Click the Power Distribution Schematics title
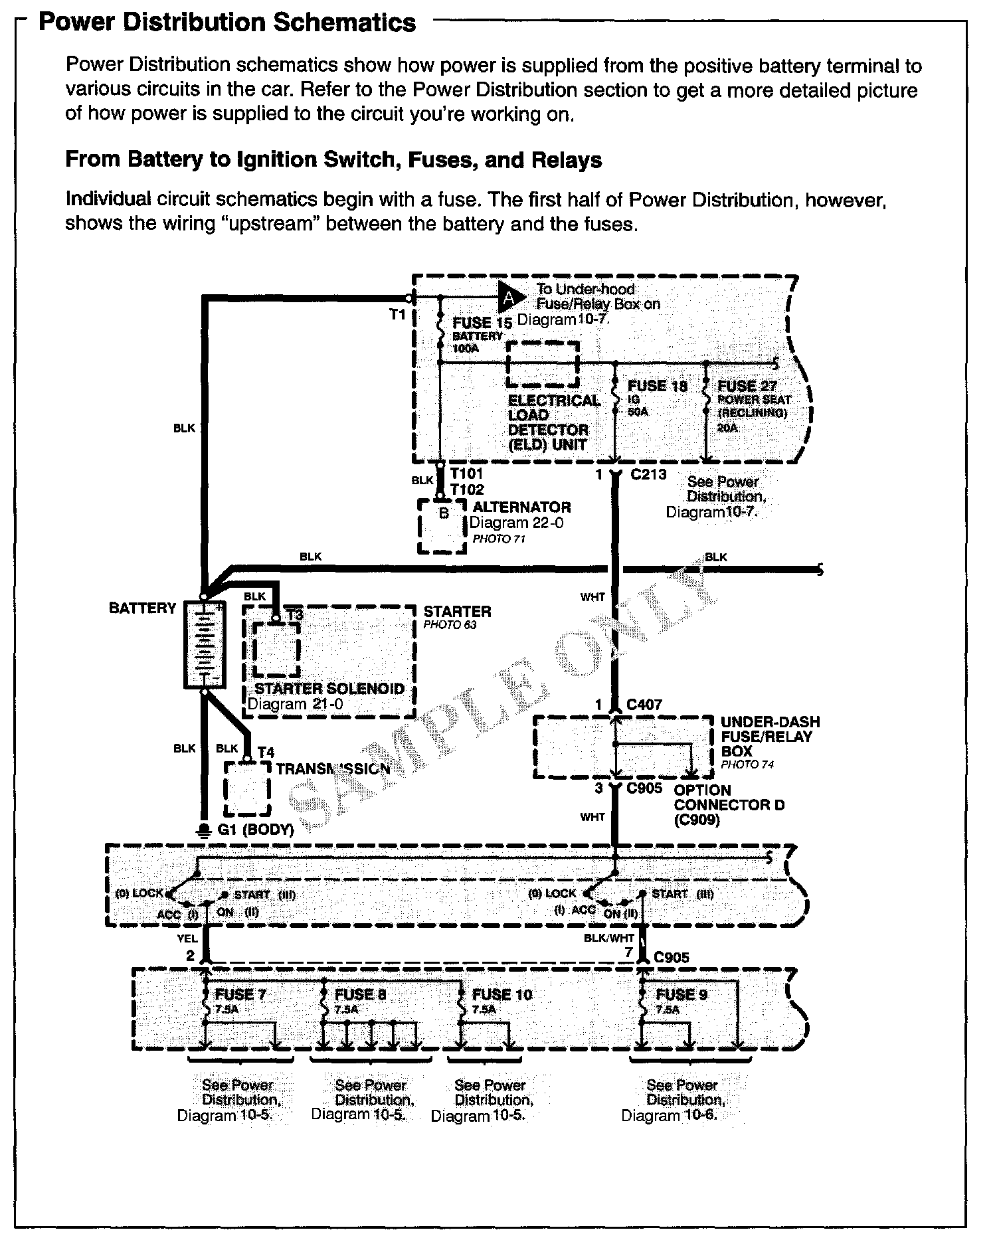[227, 23]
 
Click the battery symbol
[204, 644]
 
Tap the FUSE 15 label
[482, 323]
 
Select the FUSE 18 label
[657, 386]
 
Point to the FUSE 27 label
[747, 386]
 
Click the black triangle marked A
[509, 298]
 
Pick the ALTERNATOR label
[521, 507]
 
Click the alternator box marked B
[443, 525]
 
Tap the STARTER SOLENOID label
[329, 689]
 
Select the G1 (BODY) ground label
[256, 830]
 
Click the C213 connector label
[648, 474]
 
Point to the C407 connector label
[644, 705]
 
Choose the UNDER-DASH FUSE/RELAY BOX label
[770, 737]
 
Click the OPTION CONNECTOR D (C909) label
[729, 805]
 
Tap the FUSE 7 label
[240, 994]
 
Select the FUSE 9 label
[681, 994]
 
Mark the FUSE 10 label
[502, 994]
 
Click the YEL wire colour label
[187, 939]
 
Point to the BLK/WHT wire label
[609, 938]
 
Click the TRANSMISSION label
[333, 769]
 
